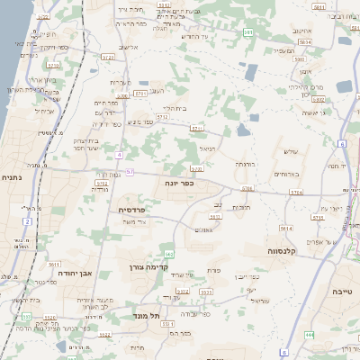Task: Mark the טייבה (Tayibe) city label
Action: tap(343, 292)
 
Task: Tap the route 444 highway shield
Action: tap(310, 335)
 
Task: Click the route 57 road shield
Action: tap(130, 171)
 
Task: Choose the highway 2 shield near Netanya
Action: tap(28, 220)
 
